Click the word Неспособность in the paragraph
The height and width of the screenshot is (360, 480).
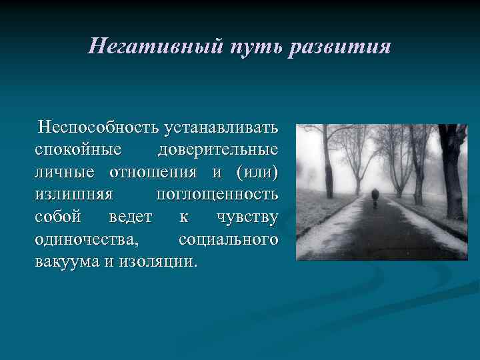coord(98,126)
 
